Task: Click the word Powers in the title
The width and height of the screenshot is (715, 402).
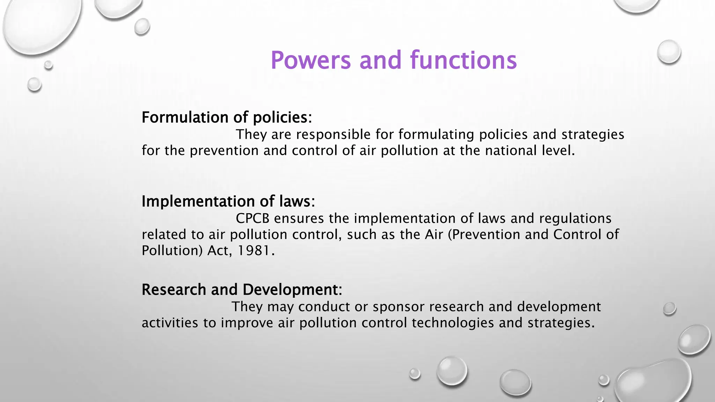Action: [310, 60]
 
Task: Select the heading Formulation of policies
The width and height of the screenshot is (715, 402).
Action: [226, 117]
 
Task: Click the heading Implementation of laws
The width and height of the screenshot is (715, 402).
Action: [228, 201]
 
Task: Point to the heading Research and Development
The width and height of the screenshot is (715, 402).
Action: [242, 290]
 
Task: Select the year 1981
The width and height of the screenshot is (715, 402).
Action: [254, 251]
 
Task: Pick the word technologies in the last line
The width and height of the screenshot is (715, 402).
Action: [453, 323]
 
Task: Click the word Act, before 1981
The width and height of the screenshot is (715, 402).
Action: [220, 251]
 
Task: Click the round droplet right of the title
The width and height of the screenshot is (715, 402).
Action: [669, 52]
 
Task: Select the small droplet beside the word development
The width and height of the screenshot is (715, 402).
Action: [669, 308]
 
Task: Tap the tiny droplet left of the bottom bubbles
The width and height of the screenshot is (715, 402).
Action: [415, 373]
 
